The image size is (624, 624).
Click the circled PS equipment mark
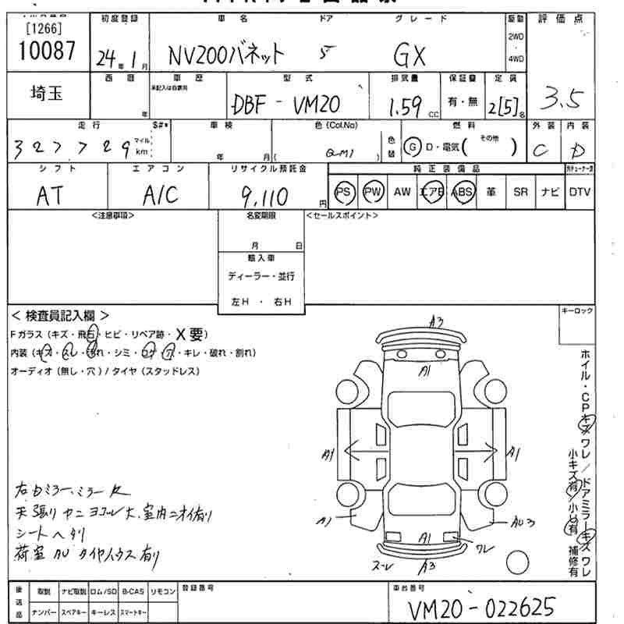344,191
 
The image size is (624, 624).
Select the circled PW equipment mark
374,191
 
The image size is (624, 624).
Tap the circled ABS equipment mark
463,191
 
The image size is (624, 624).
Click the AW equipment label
402,191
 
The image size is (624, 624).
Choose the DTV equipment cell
580,191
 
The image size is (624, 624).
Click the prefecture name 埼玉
48,94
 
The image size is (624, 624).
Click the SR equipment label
520,191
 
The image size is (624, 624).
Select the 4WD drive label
516,59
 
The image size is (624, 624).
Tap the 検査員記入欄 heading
61,316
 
